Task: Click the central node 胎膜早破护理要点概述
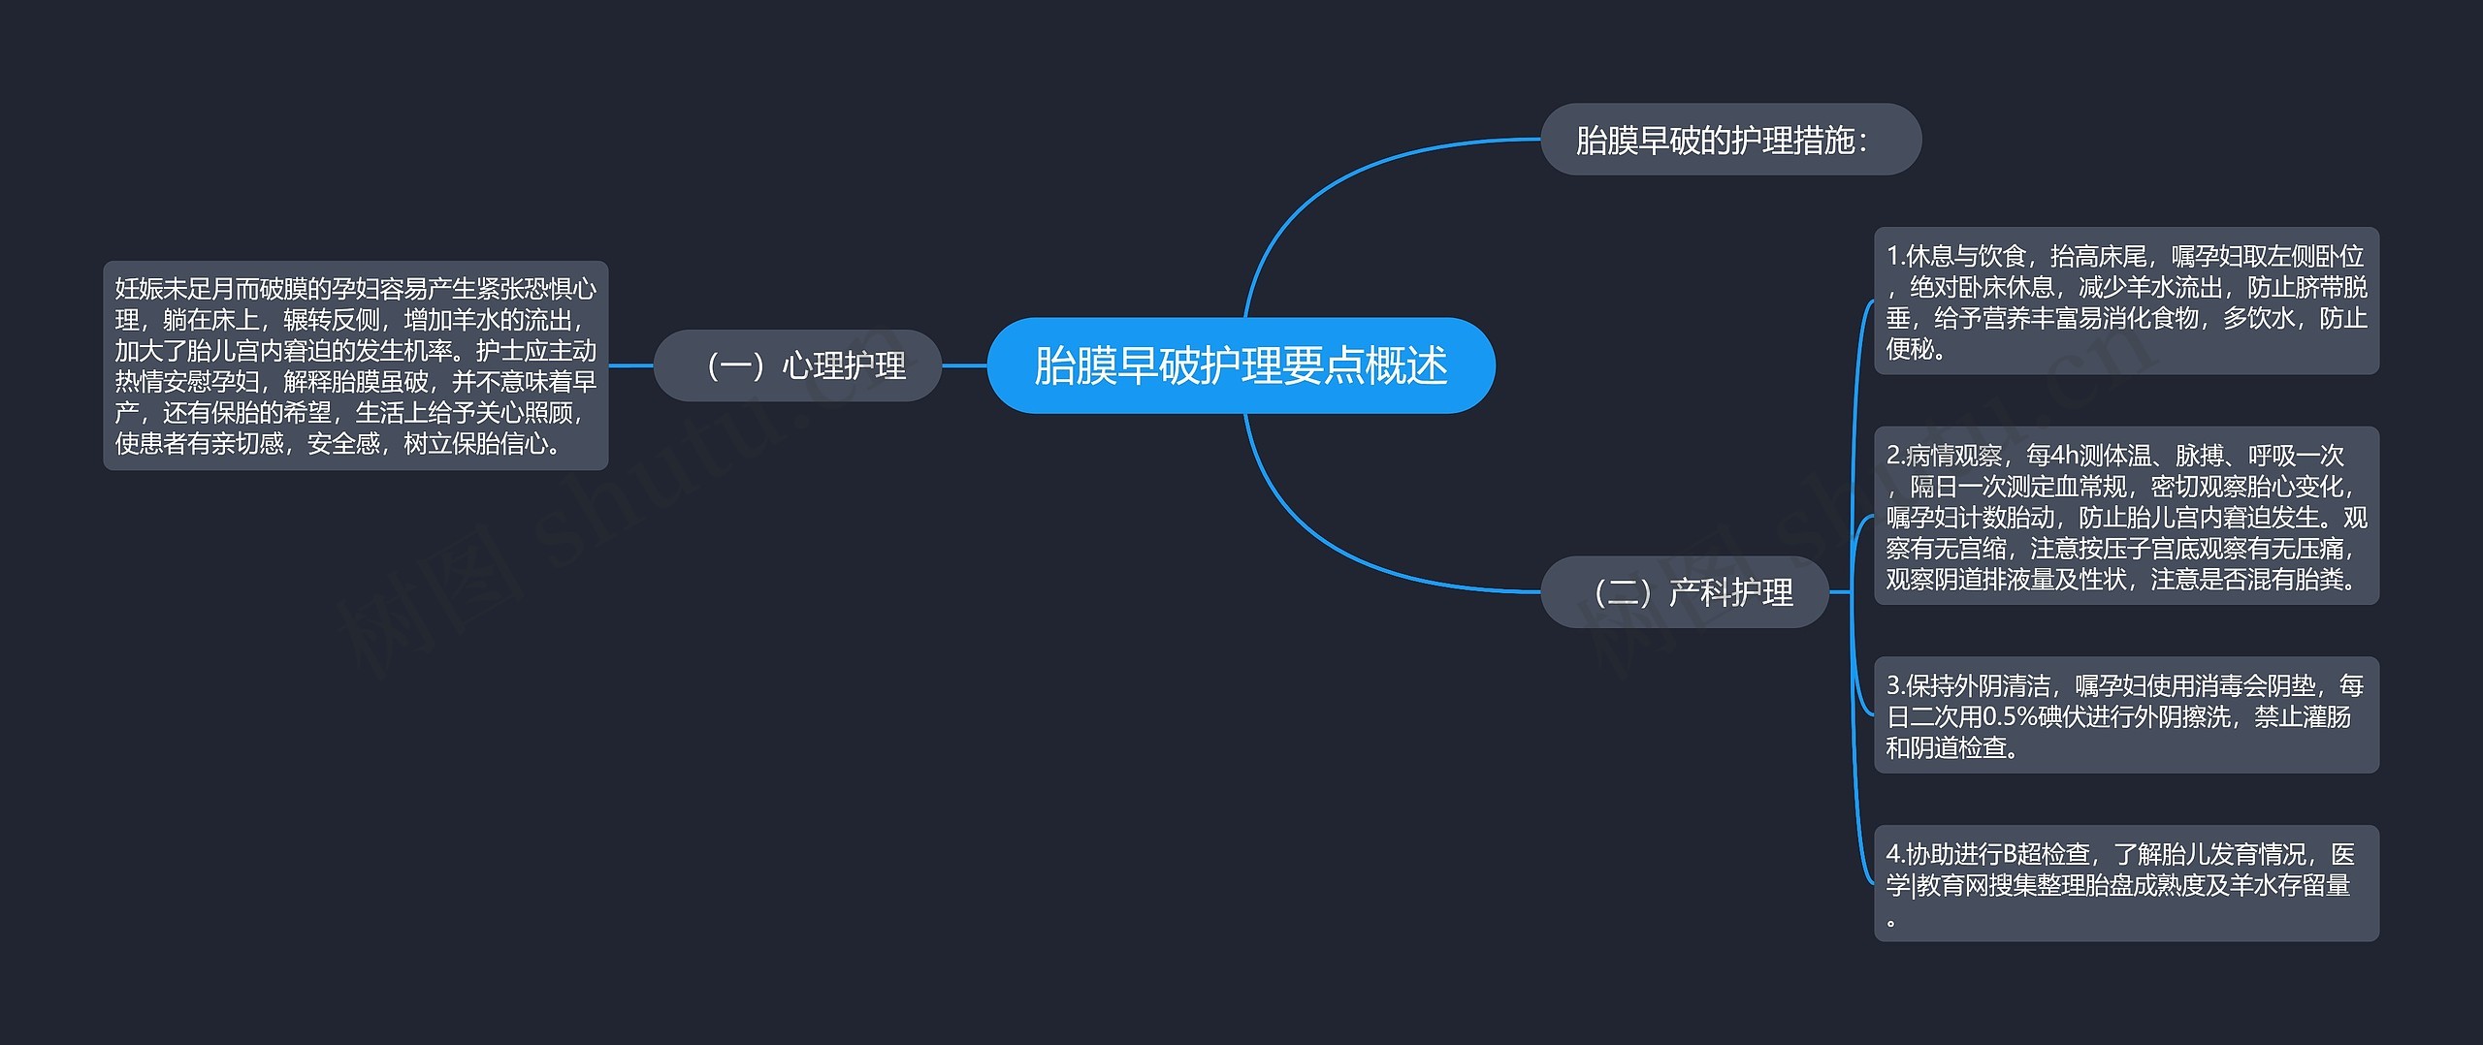pos(1241,365)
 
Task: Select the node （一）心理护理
pos(797,365)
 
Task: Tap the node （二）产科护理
pos(1685,591)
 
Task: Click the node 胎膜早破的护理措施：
pos(1730,140)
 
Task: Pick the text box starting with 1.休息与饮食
pos(2126,301)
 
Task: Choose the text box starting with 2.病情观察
pos(2126,516)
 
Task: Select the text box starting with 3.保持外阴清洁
pos(2126,715)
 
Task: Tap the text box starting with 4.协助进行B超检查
pos(2126,883)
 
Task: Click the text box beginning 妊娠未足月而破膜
pos(355,365)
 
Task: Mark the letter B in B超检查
pos(2010,854)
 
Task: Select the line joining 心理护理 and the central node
pos(964,365)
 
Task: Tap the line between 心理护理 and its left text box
pos(630,365)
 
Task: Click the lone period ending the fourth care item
pos(1891,922)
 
